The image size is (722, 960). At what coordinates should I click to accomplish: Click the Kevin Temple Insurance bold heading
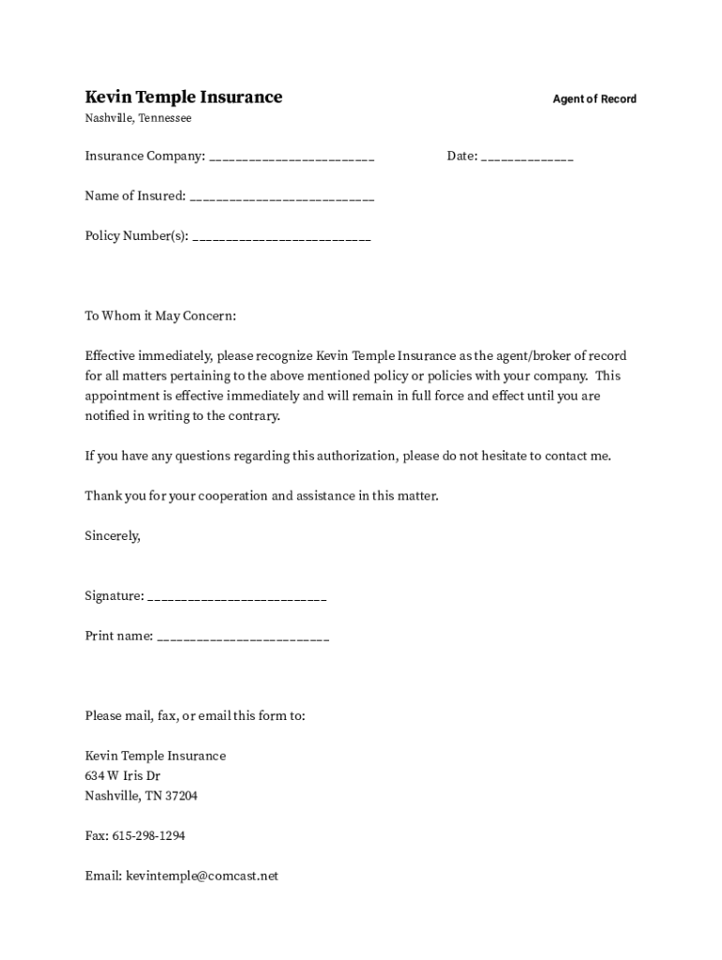click(184, 97)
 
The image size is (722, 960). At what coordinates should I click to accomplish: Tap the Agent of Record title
click(594, 99)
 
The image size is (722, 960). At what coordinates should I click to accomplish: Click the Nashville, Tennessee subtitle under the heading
click(138, 118)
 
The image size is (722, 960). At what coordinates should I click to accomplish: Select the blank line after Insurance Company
click(292, 157)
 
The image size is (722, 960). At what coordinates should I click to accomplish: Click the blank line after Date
click(527, 157)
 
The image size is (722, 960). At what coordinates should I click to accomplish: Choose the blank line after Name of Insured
click(281, 197)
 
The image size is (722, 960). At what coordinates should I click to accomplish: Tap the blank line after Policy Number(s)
click(281, 237)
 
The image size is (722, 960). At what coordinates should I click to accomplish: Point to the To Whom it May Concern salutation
click(160, 316)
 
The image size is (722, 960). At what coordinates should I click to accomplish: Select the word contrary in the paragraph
click(252, 416)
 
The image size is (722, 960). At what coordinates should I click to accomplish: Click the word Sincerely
click(113, 535)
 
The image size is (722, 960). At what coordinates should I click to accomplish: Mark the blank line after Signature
click(237, 597)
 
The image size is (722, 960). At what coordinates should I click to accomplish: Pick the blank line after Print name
click(244, 637)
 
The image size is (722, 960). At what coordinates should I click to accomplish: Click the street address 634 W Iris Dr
click(123, 776)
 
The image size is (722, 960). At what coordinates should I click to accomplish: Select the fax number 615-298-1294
click(148, 836)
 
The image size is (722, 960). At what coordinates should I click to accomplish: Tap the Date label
click(461, 157)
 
